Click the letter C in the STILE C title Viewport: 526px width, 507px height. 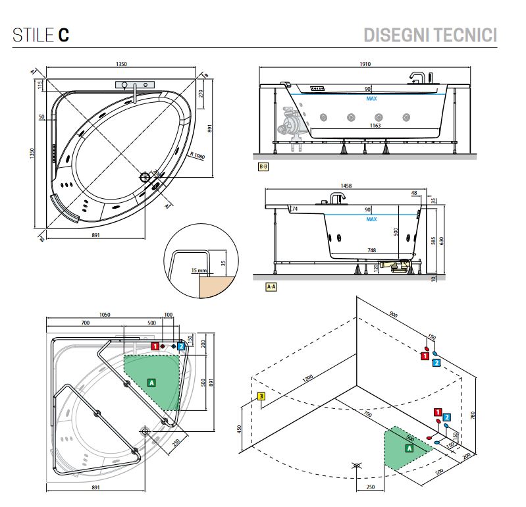coord(64,35)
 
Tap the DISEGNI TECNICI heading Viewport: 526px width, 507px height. coord(430,34)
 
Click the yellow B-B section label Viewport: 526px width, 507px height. coord(263,167)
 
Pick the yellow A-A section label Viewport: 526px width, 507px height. coord(270,287)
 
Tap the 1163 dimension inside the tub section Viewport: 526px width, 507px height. coord(375,125)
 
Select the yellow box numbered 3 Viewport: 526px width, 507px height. coord(261,396)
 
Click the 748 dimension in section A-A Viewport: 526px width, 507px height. coord(372,250)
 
